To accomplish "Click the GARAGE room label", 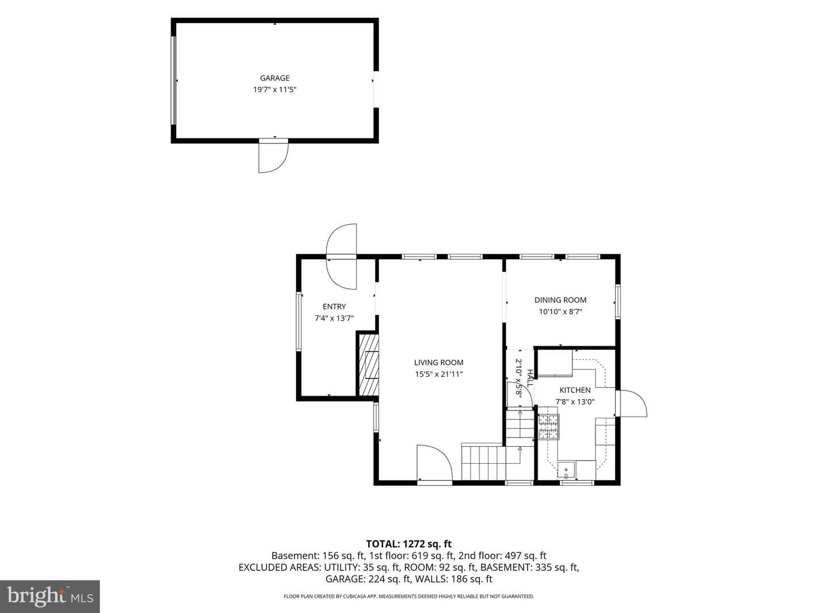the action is [274, 78].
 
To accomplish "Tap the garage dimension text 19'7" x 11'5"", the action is [274, 90].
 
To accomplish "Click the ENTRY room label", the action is [334, 306].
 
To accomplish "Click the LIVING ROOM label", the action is [439, 363].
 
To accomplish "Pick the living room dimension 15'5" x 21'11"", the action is [439, 374].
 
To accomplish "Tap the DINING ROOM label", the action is [561, 300].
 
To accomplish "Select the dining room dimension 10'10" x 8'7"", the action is [561, 312].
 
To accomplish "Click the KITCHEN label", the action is [575, 390].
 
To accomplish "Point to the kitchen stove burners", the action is [549, 427].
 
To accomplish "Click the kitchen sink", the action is [566, 470].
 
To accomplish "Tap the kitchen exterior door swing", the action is [631, 403].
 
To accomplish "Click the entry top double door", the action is [341, 257].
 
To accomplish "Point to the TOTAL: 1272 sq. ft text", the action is [409, 544].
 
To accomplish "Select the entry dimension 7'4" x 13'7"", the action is [334, 318].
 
